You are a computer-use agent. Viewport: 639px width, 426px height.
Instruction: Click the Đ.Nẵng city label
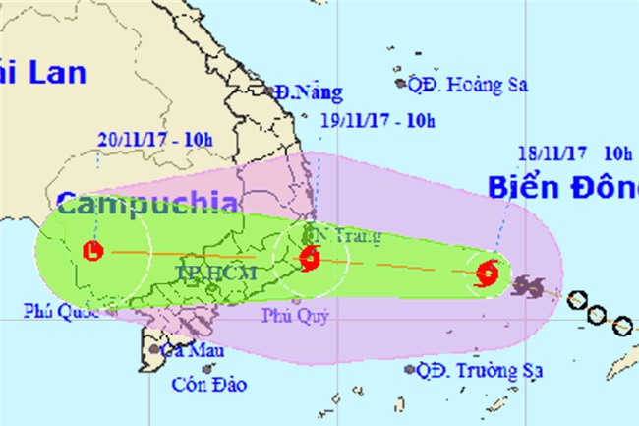(x=309, y=93)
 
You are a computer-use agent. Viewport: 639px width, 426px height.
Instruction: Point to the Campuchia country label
(x=146, y=207)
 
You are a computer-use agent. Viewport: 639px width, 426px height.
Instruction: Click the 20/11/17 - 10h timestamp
(x=154, y=139)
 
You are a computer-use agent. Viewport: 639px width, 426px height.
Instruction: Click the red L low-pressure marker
(x=93, y=250)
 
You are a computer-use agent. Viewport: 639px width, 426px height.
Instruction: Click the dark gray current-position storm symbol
(x=531, y=286)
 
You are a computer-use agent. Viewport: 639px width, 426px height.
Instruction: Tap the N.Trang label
(x=332, y=236)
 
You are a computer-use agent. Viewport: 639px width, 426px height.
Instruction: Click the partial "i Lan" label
(x=44, y=71)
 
